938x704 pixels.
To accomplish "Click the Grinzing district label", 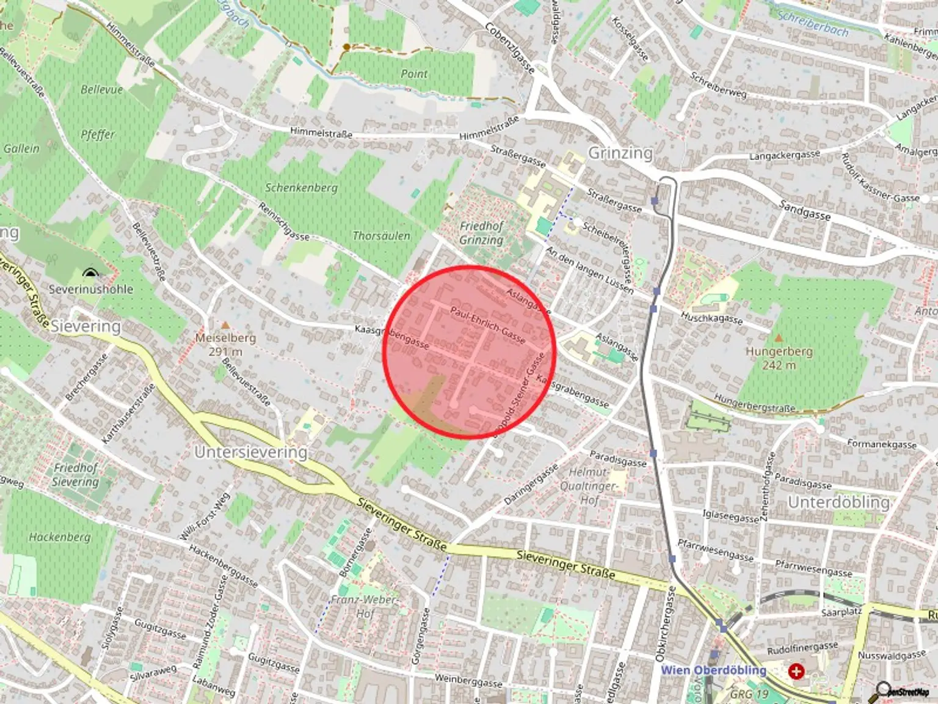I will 620,152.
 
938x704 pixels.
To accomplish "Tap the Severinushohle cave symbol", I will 90,273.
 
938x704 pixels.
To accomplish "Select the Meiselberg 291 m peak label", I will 225,344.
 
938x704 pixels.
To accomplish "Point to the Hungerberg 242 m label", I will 779,358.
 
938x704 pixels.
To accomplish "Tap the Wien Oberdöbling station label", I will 713,670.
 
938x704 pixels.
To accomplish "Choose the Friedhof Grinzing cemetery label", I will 481,233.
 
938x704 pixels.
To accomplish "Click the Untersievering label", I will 250,452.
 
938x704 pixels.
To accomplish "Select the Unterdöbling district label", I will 838,502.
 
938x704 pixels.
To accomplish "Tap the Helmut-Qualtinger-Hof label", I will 589,486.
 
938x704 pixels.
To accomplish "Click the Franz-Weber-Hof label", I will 364,606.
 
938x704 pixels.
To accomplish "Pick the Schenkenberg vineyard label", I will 301,188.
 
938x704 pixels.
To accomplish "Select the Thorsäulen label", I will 381,235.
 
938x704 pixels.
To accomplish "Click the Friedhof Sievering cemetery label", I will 76,475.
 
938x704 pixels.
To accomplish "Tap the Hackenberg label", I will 59,537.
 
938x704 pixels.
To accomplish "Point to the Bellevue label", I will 101,89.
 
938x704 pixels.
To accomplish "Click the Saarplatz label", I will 841,612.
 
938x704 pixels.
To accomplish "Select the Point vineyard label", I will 414,74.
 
